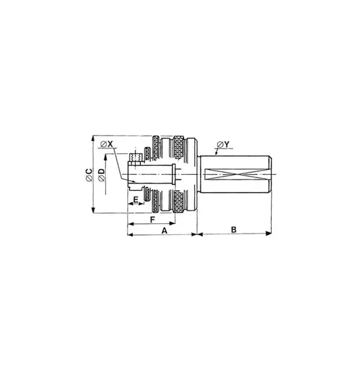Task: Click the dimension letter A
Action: pyautogui.click(x=164, y=230)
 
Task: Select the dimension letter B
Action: pyautogui.click(x=233, y=229)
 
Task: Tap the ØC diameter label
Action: pyautogui.click(x=90, y=175)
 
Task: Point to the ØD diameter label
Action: pyautogui.click(x=102, y=175)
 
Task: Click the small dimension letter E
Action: pyautogui.click(x=136, y=200)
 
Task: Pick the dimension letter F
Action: pyautogui.click(x=152, y=220)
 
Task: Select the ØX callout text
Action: pyautogui.click(x=107, y=144)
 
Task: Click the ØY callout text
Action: pyautogui.click(x=224, y=144)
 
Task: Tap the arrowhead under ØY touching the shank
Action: pyautogui.click(x=216, y=154)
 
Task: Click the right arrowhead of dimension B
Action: pyautogui.click(x=269, y=233)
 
